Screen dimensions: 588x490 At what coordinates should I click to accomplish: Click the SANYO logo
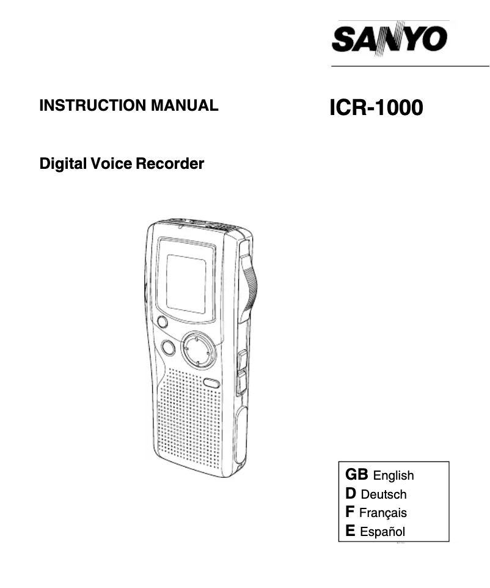(x=390, y=38)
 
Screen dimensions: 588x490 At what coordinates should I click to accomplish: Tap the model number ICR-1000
(x=375, y=108)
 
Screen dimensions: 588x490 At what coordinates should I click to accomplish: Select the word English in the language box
(x=393, y=475)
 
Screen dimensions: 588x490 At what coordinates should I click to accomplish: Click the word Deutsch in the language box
(x=384, y=494)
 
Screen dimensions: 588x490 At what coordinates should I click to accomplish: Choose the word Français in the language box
(x=383, y=513)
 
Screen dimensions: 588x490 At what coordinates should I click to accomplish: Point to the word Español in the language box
(x=382, y=532)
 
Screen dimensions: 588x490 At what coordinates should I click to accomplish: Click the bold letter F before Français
(x=350, y=512)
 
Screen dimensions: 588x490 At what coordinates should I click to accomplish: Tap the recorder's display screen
(x=186, y=283)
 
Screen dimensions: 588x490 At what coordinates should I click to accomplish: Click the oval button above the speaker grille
(x=211, y=383)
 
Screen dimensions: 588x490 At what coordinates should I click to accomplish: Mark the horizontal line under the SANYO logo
(x=410, y=65)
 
